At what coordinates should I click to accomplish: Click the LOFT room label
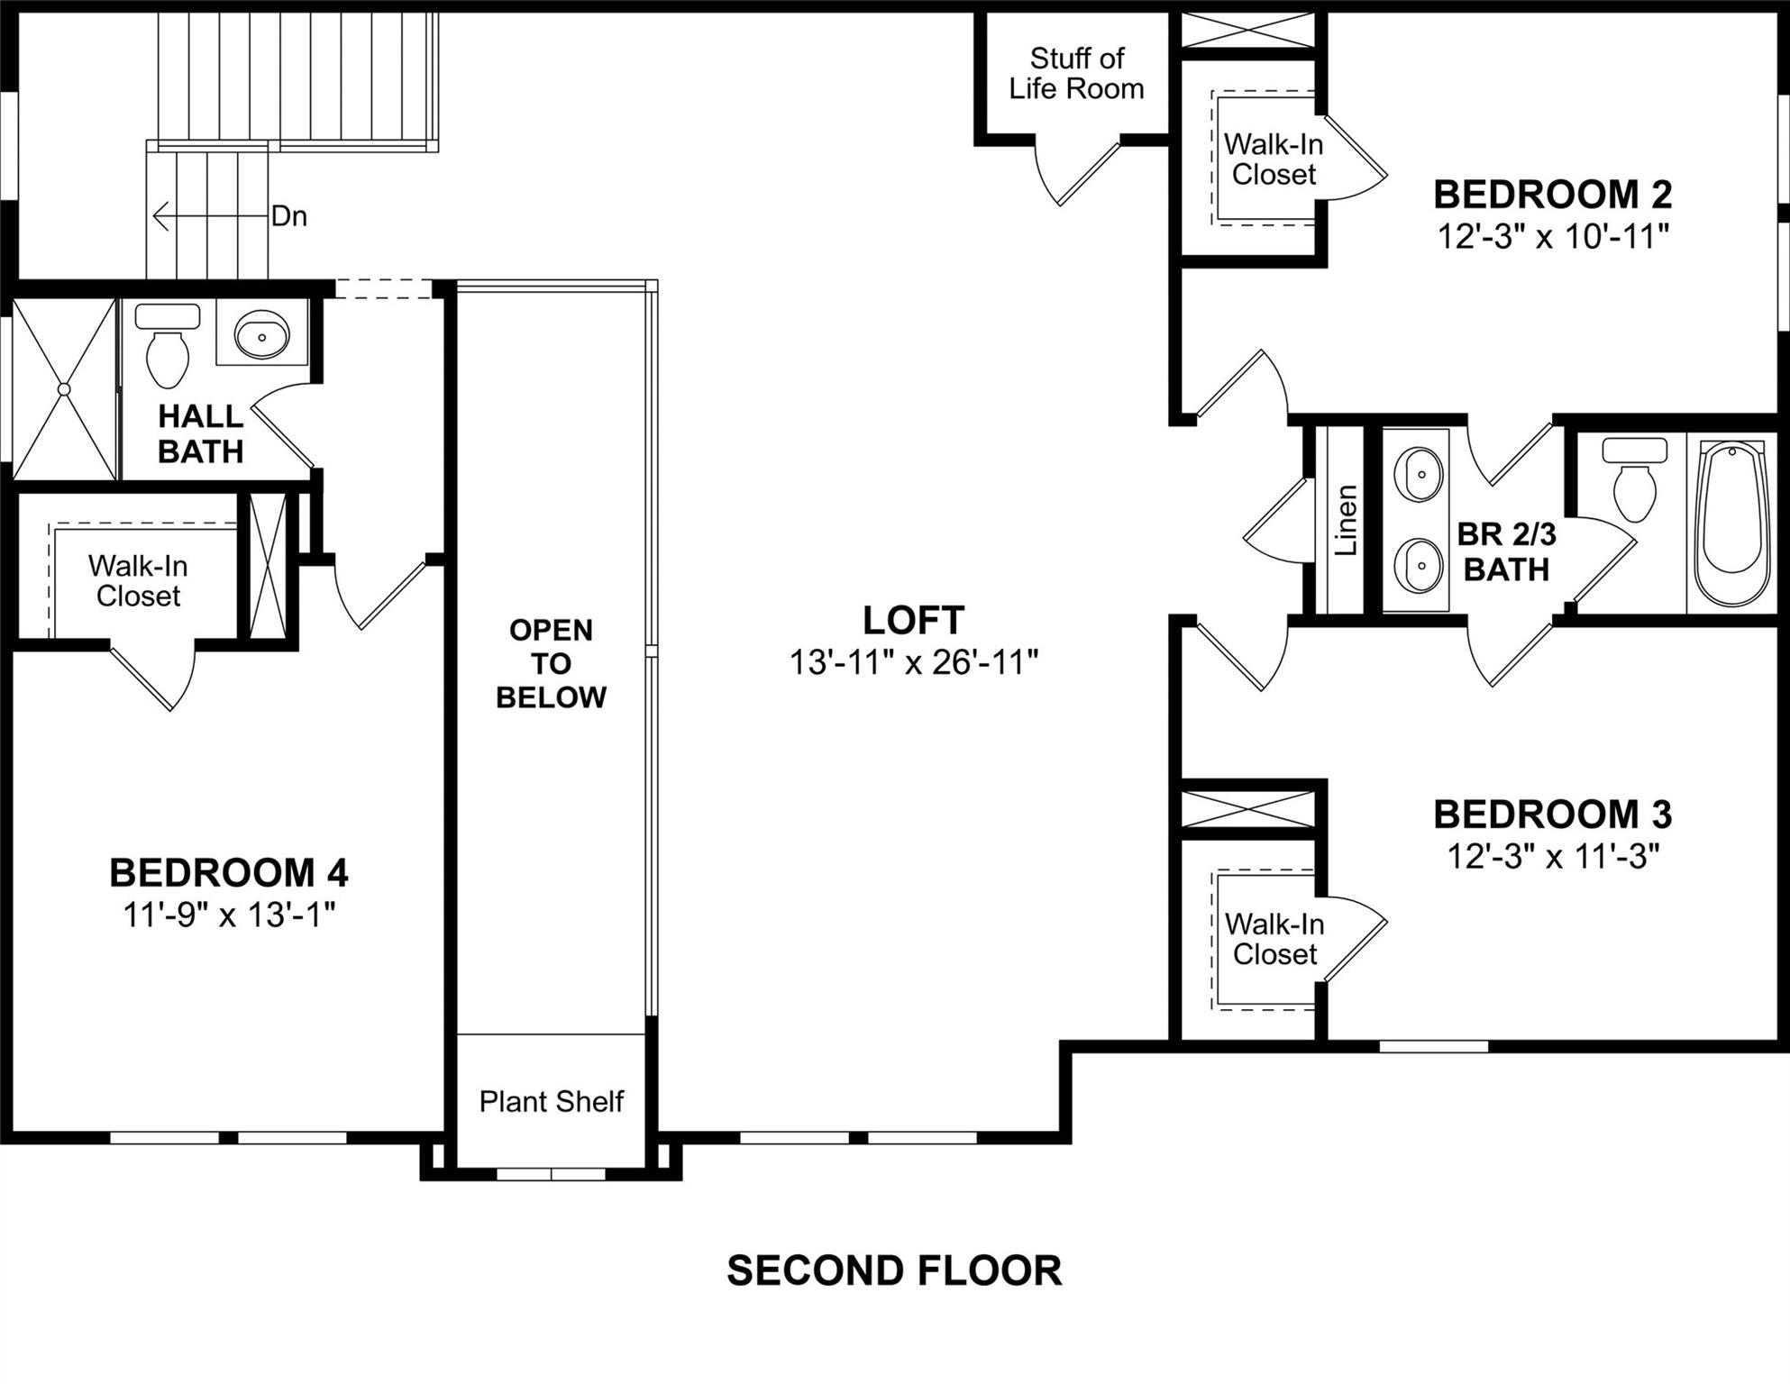(913, 621)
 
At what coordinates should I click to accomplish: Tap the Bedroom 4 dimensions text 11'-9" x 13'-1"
(229, 915)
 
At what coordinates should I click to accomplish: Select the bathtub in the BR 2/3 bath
(1729, 523)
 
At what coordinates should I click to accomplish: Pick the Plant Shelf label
(551, 1101)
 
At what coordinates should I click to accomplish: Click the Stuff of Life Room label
(1076, 74)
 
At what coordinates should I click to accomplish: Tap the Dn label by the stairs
(289, 216)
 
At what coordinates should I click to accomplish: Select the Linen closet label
(1346, 521)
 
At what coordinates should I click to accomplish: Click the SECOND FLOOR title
(894, 1270)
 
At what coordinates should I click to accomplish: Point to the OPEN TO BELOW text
(551, 663)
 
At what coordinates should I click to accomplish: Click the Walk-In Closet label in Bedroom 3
(1274, 939)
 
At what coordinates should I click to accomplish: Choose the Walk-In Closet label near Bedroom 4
(138, 581)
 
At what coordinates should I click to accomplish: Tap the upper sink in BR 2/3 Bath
(1418, 474)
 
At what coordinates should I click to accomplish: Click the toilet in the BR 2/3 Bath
(1634, 482)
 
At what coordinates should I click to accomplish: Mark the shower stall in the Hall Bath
(64, 389)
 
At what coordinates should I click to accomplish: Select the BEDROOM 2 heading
(1552, 195)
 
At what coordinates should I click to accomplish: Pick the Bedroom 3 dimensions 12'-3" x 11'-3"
(1552, 856)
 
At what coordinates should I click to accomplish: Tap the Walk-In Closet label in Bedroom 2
(1274, 159)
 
